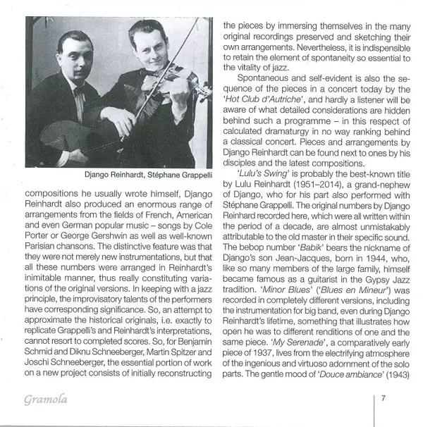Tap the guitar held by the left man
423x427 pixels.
(x=70, y=142)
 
